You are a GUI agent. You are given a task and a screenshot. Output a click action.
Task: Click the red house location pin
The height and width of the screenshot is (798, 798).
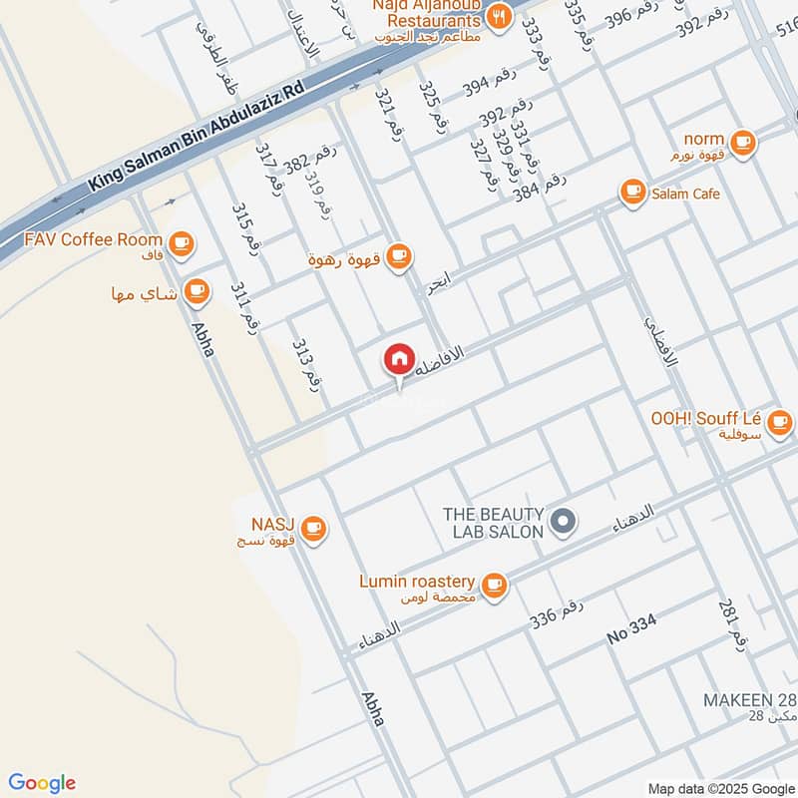coord(399,358)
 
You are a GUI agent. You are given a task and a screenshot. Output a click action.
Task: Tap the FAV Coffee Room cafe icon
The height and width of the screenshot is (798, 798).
coord(181,241)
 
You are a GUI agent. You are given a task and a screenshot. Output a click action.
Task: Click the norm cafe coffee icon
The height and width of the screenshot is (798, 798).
coord(741,141)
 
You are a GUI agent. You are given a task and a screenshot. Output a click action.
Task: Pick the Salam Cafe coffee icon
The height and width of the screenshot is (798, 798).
coord(631,193)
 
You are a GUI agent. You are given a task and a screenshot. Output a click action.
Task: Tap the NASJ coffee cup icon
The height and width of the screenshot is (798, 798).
coord(313,527)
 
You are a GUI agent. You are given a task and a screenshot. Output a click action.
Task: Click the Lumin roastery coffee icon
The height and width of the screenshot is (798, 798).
coord(493,585)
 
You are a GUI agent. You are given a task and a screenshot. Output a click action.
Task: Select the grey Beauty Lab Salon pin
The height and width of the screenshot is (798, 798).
coord(564,521)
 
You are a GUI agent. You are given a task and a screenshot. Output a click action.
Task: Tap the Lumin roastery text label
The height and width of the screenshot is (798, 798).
coord(417,582)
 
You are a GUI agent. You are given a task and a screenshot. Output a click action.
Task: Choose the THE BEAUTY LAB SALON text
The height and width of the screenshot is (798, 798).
coord(494,522)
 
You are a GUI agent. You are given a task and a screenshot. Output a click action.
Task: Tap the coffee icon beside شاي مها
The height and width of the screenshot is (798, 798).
coord(196,291)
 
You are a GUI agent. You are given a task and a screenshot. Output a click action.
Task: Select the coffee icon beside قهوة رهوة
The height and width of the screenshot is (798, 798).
coord(398,256)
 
